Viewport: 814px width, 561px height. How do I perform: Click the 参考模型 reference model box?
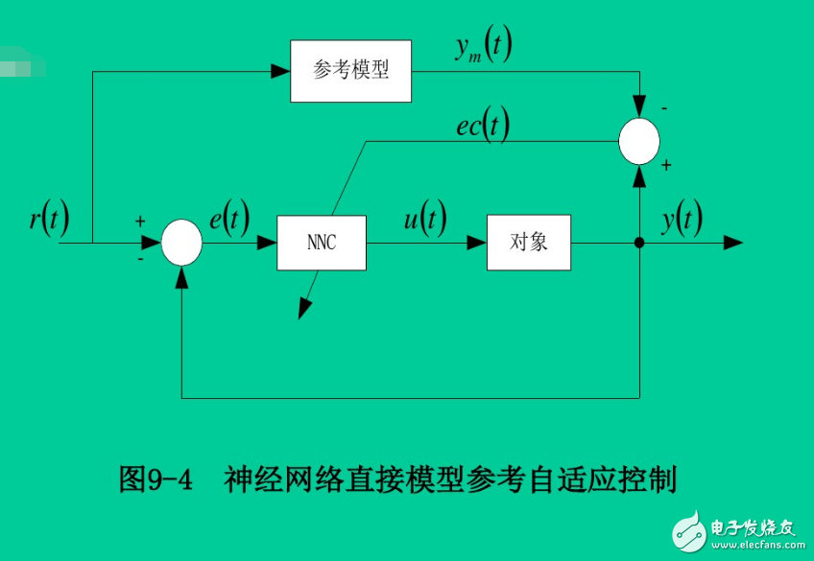(x=350, y=71)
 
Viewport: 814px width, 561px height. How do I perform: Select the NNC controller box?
(x=322, y=243)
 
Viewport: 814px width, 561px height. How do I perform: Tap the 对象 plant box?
(x=529, y=243)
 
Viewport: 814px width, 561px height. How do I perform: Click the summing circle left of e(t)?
(x=181, y=243)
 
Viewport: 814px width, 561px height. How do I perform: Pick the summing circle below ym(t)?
(x=639, y=142)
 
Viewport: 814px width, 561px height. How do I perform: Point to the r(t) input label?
(x=49, y=220)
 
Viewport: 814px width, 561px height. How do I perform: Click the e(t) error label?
(x=229, y=220)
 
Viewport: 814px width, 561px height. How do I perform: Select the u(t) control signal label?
(x=424, y=220)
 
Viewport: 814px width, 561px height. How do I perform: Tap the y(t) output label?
(x=682, y=220)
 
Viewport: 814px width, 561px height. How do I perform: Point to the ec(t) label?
(x=482, y=125)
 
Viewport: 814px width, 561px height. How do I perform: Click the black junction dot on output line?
(x=639, y=243)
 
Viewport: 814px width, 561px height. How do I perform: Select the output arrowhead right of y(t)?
(x=733, y=243)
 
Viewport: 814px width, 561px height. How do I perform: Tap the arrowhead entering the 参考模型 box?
(x=281, y=71)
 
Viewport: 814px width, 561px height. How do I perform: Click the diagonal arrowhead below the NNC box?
(x=304, y=308)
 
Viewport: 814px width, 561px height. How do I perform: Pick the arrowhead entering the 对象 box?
(x=477, y=243)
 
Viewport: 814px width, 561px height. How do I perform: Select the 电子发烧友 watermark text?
(x=753, y=527)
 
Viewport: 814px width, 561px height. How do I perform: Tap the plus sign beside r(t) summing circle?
(x=140, y=222)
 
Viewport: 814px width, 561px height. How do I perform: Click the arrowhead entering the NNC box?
(x=268, y=243)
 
